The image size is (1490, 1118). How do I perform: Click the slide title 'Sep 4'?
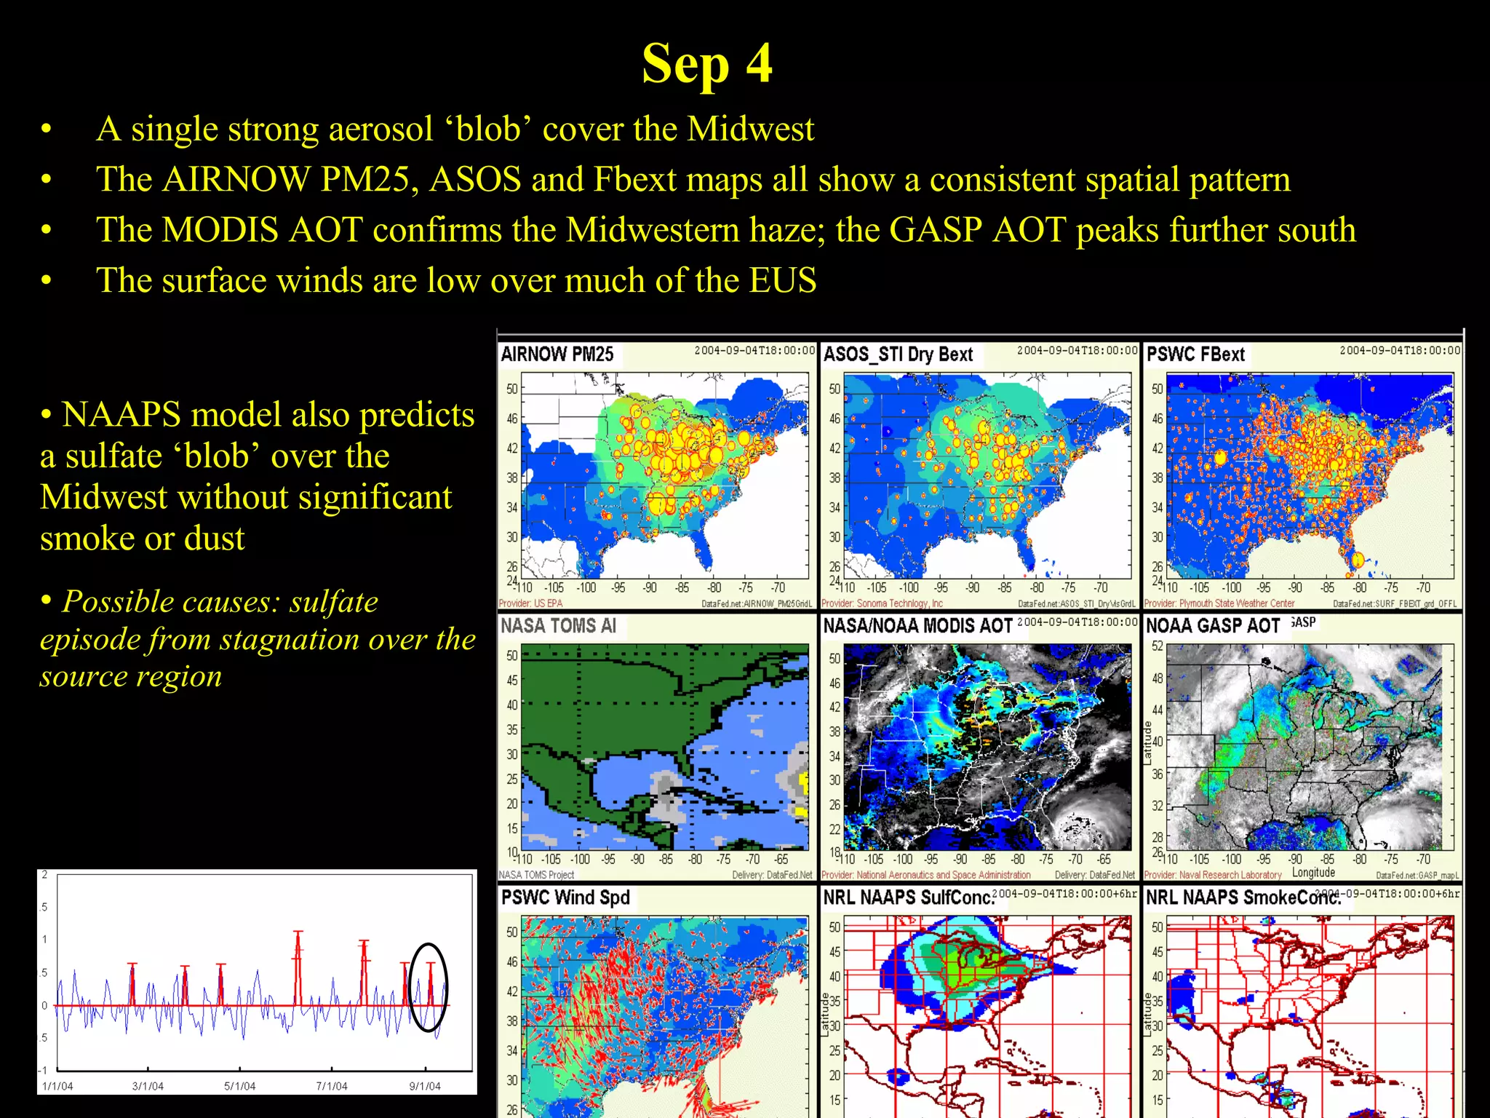[x=706, y=64]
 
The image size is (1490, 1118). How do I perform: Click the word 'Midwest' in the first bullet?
[x=750, y=130]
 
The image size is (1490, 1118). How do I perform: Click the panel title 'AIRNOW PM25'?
[x=557, y=354]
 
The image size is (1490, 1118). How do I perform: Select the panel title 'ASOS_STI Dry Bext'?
[x=897, y=354]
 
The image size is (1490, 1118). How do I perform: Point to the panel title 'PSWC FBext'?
[x=1195, y=354]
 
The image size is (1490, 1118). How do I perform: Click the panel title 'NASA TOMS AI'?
[x=558, y=626]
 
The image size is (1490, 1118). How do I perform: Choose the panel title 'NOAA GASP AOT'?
[x=1212, y=626]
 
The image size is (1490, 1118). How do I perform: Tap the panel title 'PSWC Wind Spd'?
[x=565, y=897]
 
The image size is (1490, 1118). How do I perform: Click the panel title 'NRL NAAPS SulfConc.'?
[x=907, y=897]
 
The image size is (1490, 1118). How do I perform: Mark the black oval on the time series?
[x=429, y=986]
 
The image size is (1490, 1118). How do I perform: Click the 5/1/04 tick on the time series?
[x=239, y=1086]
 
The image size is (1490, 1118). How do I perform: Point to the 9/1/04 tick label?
[x=425, y=1086]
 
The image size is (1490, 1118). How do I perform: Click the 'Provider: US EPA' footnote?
[x=530, y=603]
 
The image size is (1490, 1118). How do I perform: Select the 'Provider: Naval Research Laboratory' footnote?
[x=1212, y=875]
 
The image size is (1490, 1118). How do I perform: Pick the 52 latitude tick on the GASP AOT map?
[x=1157, y=646]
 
